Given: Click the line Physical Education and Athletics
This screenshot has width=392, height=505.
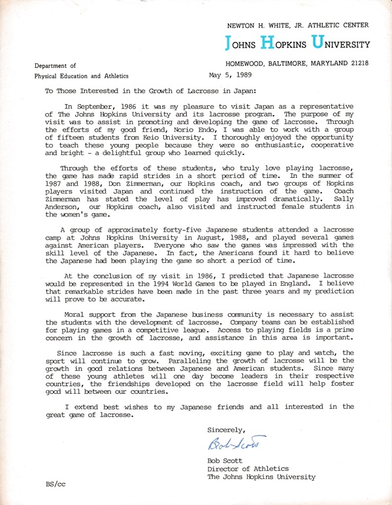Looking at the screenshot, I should [x=83, y=77].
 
